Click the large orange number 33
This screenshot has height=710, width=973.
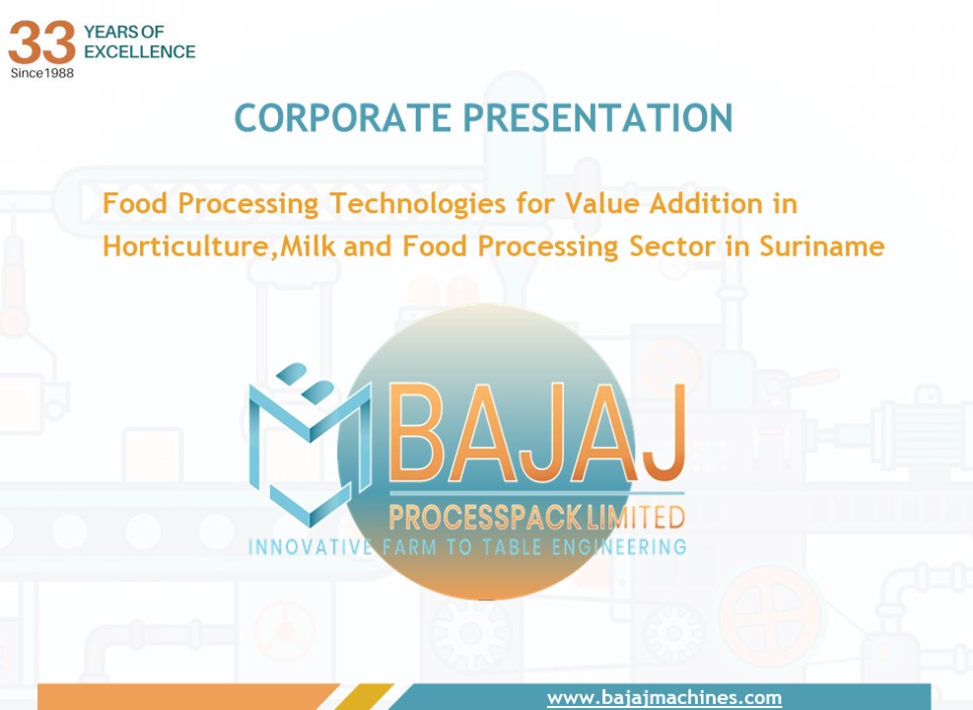click(42, 42)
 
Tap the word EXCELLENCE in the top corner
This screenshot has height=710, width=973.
click(139, 51)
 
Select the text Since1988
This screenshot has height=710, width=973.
click(41, 72)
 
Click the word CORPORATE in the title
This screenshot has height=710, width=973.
click(342, 117)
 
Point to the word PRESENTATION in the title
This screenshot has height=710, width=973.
click(597, 117)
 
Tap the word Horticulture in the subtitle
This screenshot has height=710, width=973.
click(185, 246)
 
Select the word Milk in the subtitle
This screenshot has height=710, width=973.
click(309, 246)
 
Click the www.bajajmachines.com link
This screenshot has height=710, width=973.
click(663, 697)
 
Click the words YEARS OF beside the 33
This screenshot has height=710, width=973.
click(124, 33)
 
